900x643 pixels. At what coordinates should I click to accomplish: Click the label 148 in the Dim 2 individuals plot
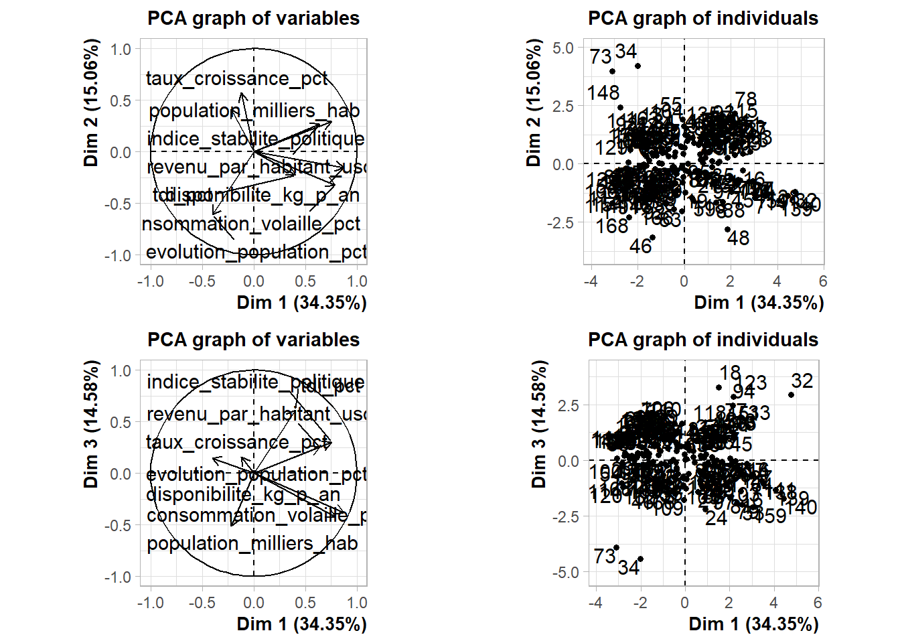603,92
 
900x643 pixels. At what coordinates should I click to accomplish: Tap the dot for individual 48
728,230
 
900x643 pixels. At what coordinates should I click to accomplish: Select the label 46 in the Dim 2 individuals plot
640,246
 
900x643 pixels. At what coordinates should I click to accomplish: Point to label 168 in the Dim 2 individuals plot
612,226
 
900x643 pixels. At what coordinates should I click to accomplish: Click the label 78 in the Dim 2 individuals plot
745,100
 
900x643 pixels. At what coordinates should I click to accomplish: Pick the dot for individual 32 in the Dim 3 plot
791,395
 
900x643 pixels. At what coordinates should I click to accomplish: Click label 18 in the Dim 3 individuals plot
730,372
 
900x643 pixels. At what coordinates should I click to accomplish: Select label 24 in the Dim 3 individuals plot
716,518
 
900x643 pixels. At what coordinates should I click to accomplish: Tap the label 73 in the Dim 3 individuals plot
605,557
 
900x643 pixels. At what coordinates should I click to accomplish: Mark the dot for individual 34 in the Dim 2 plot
637,66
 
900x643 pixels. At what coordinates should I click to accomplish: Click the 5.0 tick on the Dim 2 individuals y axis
563,48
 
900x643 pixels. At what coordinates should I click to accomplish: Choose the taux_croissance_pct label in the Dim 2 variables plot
236,78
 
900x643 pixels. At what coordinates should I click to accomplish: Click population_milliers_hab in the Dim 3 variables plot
252,543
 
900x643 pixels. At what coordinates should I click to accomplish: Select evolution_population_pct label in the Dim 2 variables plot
256,252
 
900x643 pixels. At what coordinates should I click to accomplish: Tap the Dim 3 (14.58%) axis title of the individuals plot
539,423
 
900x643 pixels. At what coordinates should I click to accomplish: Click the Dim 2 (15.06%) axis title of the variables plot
92,102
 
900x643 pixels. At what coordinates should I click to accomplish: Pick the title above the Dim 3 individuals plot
702,340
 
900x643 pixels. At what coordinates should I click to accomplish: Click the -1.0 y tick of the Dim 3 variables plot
121,577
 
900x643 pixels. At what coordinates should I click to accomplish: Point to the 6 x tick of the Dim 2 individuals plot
823,281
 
